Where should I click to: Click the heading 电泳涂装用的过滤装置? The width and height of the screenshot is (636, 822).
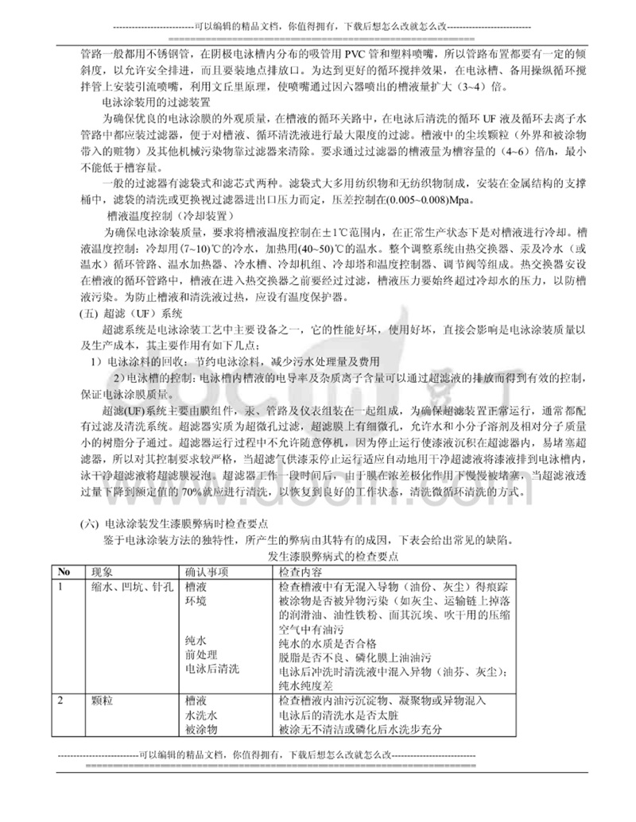[x=157, y=102]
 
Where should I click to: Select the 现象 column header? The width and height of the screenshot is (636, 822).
[x=103, y=572]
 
